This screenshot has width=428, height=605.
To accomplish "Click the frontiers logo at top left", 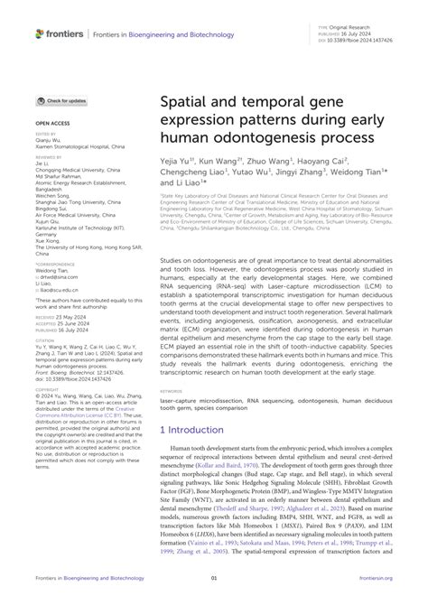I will pyautogui.click(x=60, y=33).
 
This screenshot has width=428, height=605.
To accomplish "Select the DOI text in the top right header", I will pyautogui.click(x=358, y=42).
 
